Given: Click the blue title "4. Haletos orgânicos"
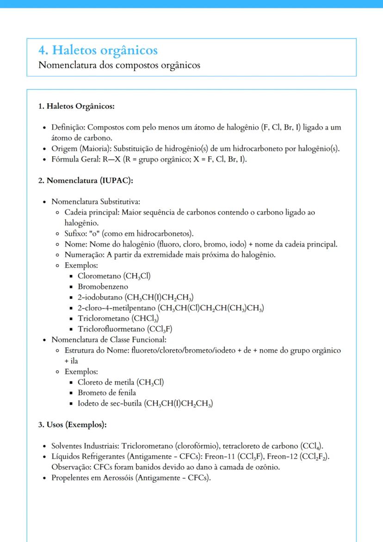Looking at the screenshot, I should pyautogui.click(x=98, y=50).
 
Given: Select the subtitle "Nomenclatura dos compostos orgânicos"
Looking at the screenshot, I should pyautogui.click(x=119, y=65).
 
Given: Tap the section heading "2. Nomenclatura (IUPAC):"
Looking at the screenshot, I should pyautogui.click(x=86, y=181).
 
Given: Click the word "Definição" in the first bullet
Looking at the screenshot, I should pyautogui.click(x=68, y=127).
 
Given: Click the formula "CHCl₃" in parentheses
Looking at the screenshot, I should pyautogui.click(x=146, y=318).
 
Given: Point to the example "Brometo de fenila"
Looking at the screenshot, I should pyautogui.click(x=106, y=392).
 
